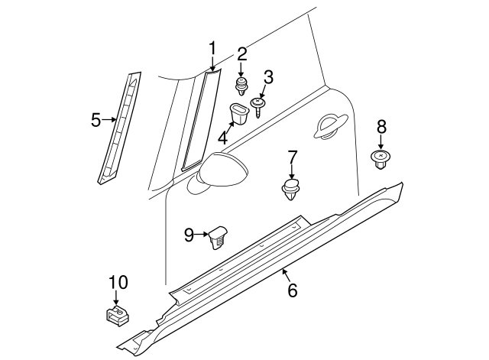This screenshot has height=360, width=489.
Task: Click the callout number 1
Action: [213, 50]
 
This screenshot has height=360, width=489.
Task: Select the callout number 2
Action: [242, 54]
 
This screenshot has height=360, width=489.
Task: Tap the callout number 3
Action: [268, 76]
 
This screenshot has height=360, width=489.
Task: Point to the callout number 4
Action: [222, 138]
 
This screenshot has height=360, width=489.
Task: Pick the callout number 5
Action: [96, 120]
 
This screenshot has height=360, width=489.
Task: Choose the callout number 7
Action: [292, 157]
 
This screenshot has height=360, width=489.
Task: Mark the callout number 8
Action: [381, 127]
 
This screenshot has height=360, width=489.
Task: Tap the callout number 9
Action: [189, 235]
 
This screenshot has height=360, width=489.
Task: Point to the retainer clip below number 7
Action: [291, 190]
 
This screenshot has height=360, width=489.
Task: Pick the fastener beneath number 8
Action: [381, 158]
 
